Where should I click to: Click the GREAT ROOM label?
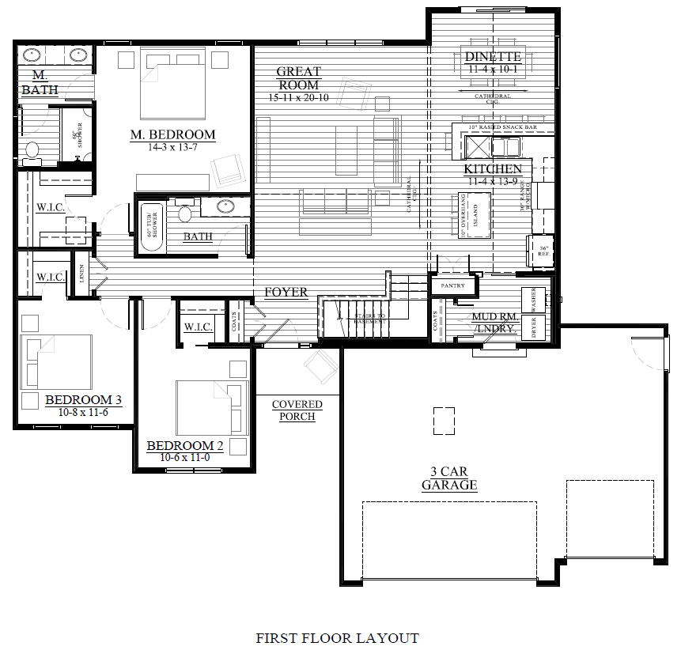pos(298,78)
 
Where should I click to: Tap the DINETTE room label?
pos(492,57)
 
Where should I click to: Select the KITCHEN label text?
pos(492,169)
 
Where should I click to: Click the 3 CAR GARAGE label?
pos(448,478)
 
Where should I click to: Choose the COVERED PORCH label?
pos(297,410)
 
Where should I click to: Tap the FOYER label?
pos(286,293)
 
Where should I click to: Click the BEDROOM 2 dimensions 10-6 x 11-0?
pos(185,458)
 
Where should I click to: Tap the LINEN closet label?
pos(81,274)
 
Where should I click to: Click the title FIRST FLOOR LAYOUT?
pos(337,637)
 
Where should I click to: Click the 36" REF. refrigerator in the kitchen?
pos(543,251)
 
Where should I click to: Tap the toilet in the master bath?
pos(32,149)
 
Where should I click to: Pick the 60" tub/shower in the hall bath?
pos(153,224)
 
